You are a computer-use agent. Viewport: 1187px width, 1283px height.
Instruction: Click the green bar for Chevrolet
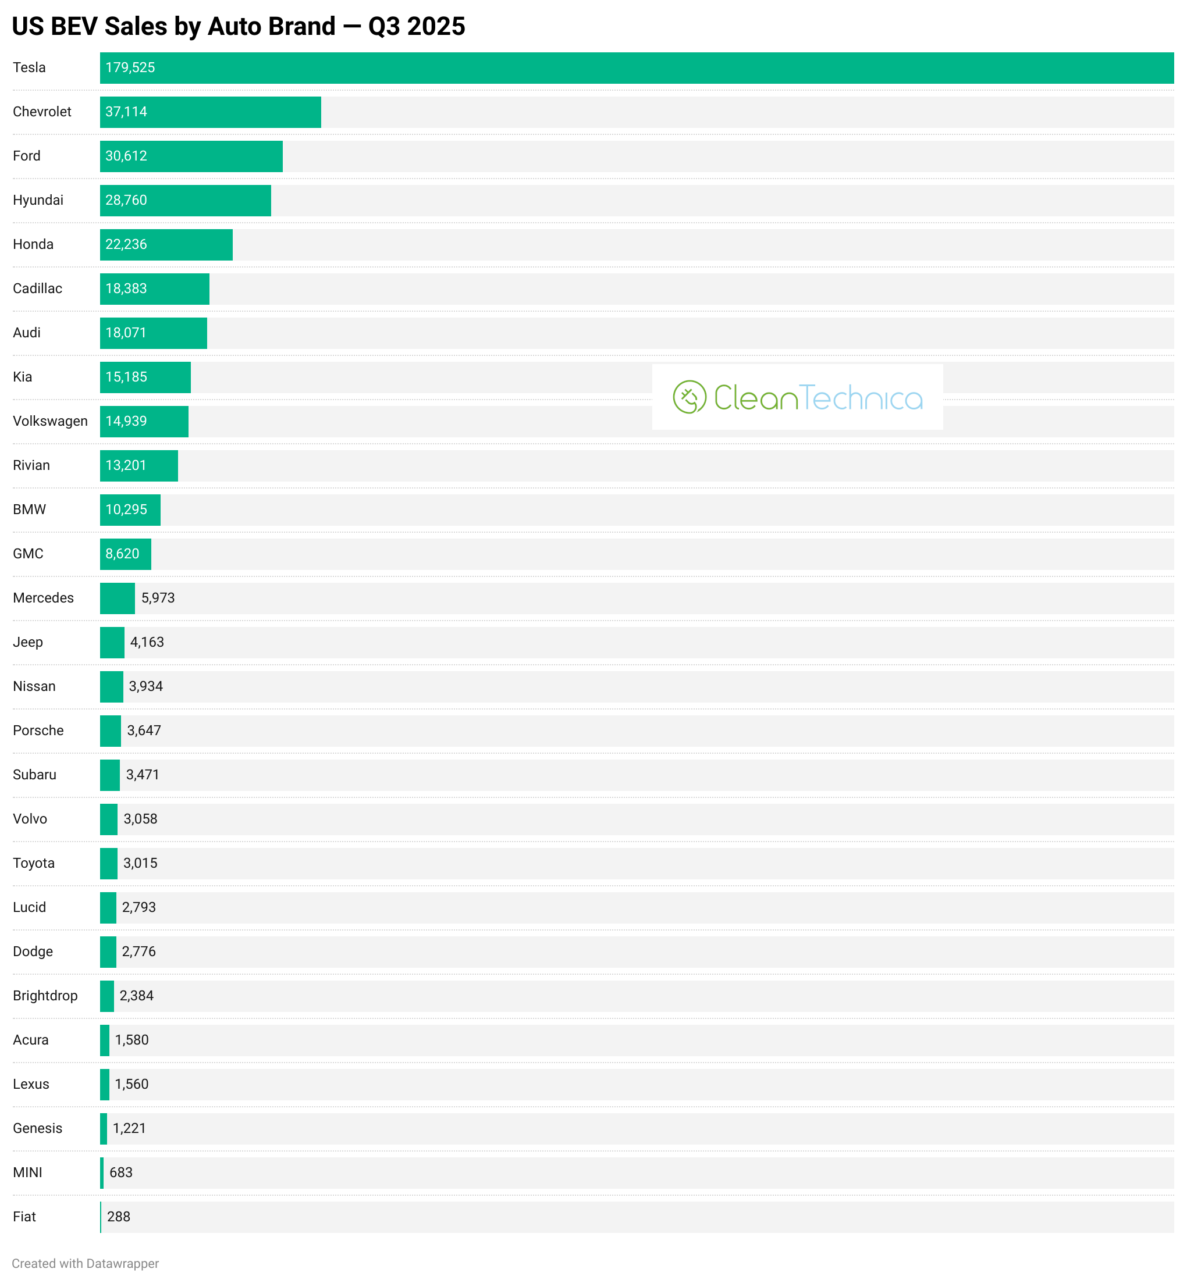point(210,112)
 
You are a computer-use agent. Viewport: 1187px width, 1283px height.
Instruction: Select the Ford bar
point(191,156)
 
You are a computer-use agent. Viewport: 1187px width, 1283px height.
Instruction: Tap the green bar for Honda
point(166,245)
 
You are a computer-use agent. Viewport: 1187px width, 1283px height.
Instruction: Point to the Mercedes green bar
point(118,598)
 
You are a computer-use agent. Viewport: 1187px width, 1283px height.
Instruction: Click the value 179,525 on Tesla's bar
point(130,68)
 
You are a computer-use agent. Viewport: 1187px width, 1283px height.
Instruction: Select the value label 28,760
point(126,200)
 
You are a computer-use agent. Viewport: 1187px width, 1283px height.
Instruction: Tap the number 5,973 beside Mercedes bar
point(158,598)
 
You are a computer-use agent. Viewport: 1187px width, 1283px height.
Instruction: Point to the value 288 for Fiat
point(119,1217)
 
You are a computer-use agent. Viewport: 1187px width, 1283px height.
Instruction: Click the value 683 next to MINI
point(121,1172)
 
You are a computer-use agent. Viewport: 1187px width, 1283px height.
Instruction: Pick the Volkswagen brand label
point(50,421)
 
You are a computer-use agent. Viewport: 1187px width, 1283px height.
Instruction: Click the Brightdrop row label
point(45,996)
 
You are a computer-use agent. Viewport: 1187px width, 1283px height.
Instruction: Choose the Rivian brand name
point(31,465)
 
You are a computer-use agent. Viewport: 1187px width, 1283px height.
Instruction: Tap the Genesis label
point(37,1128)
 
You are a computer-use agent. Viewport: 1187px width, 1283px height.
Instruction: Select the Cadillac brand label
point(37,289)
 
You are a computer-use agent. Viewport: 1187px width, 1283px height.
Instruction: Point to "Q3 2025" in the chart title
point(416,27)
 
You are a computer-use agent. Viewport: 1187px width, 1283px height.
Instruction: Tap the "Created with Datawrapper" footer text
point(86,1264)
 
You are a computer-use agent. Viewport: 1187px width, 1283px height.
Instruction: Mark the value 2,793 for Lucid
point(138,907)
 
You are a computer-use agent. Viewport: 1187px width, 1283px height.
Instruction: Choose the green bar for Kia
point(145,377)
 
